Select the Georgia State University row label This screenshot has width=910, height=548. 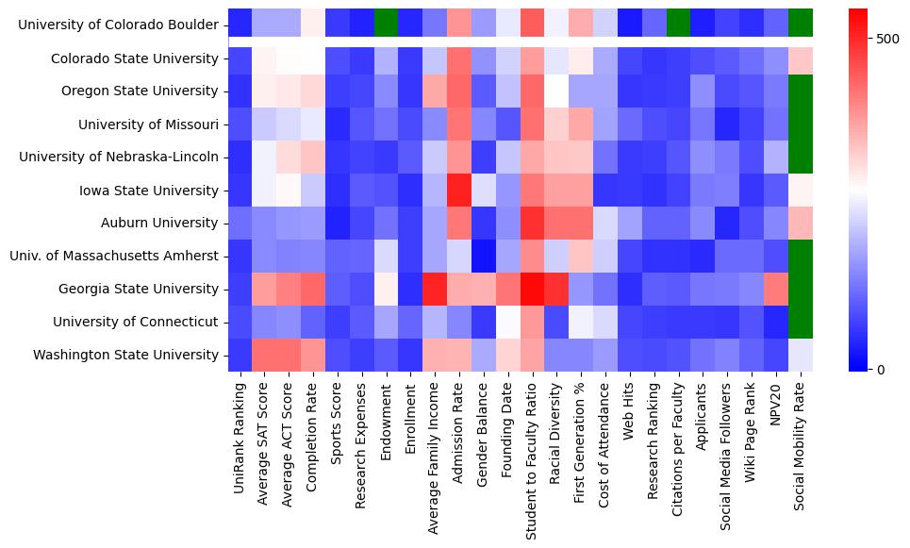(137, 289)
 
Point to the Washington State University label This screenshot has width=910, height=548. (126, 355)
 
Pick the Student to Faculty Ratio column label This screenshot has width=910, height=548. (533, 457)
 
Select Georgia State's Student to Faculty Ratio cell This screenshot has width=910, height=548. (533, 289)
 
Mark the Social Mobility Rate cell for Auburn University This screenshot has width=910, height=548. (800, 224)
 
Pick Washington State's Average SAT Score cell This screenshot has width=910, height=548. (264, 355)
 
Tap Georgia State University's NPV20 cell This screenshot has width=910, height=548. (775, 289)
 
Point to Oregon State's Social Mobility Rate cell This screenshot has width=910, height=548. (800, 91)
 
